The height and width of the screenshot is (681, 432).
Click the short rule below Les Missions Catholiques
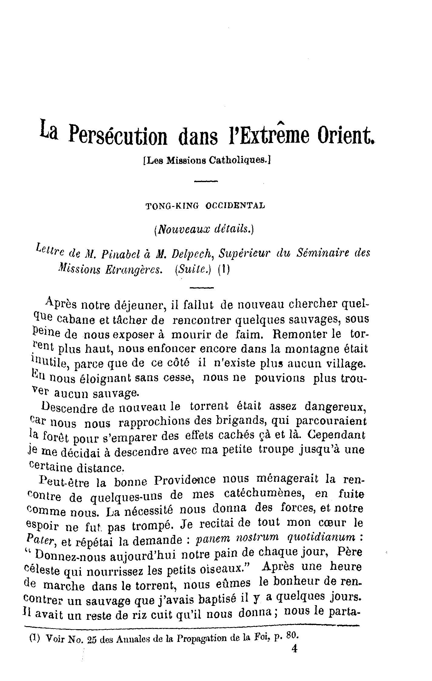click(206, 181)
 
